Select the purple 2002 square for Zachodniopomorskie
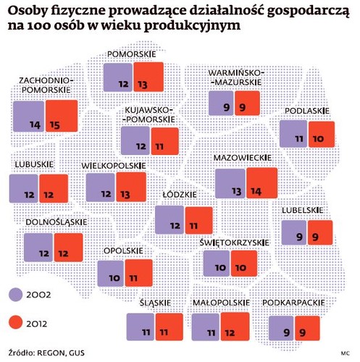point(28,117)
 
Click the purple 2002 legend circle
point(20,293)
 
